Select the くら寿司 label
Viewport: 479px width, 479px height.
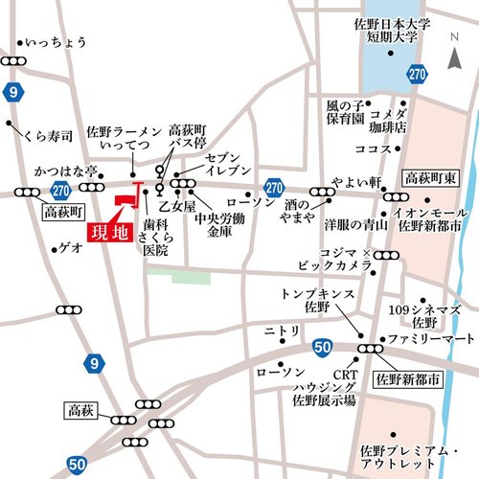click(x=48, y=137)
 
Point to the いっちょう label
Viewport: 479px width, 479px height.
click(x=56, y=42)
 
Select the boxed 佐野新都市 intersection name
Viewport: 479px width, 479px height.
click(x=409, y=380)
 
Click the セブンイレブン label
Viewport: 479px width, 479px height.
click(x=229, y=163)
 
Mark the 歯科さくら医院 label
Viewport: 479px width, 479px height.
click(x=152, y=236)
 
